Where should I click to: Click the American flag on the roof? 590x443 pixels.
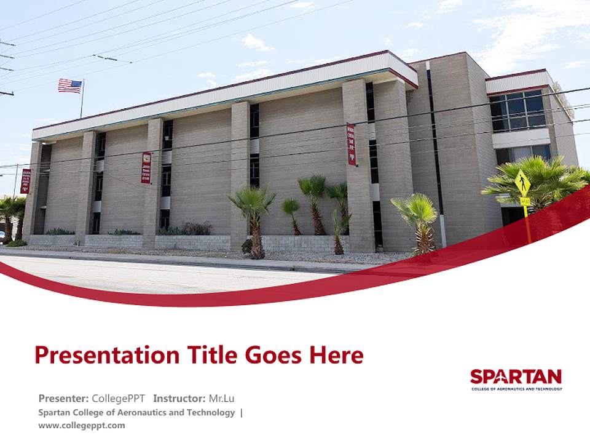coord(69,86)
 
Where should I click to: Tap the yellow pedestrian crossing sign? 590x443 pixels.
coord(522,183)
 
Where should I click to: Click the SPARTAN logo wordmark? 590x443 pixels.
coord(516,377)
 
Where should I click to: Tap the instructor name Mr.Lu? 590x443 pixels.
coord(222,398)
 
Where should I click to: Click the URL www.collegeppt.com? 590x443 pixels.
coord(81,425)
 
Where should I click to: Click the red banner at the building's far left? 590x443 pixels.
coord(25,181)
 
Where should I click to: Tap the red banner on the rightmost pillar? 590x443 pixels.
coord(351,144)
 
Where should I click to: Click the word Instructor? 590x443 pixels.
coord(179,398)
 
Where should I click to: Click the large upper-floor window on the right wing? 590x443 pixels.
coord(517,111)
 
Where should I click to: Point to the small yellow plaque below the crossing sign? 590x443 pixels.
coord(524,201)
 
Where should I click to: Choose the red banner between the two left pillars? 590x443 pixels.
coord(146,167)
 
